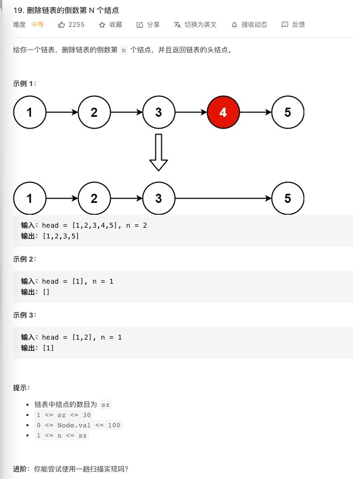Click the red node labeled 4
click(223, 112)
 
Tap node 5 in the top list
click(288, 112)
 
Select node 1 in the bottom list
click(29, 198)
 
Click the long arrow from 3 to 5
click(223, 198)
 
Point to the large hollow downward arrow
click(158, 152)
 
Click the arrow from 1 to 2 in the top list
click(62, 112)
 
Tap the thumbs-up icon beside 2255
click(61, 25)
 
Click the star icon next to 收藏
click(102, 25)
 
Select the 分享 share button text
click(153, 25)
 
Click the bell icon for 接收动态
click(234, 25)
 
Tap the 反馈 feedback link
click(298, 25)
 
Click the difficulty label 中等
click(38, 25)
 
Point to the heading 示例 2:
click(25, 259)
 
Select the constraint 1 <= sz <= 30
click(63, 415)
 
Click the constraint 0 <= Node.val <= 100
click(78, 425)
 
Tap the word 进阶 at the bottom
click(21, 469)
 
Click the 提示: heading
click(22, 388)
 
